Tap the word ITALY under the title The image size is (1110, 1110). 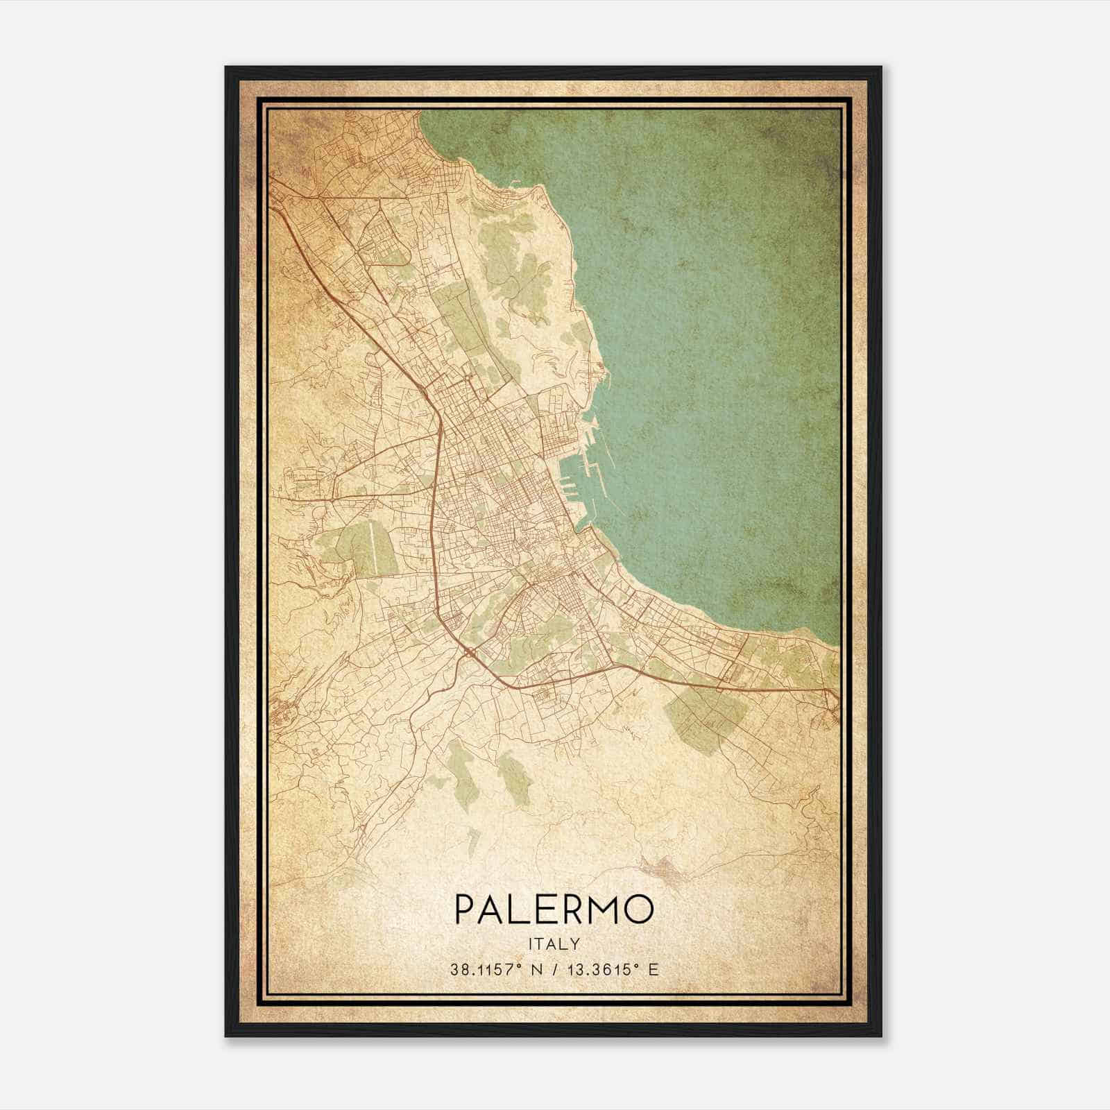click(x=554, y=943)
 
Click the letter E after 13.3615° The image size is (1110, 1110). click(x=652, y=969)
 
